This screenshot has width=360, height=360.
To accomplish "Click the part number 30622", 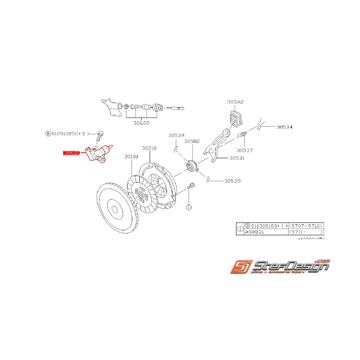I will coord(142,123).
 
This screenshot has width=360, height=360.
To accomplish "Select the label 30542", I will coord(235,102).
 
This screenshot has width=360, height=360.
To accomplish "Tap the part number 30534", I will coord(284,127).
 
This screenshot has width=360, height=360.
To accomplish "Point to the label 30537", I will coord(244,150).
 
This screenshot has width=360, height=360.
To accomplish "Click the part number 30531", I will coord(237,158).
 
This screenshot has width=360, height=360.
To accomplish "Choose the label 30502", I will coord(191,142).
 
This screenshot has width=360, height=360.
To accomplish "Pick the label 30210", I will coord(149,148).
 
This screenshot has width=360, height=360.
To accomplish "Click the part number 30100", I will coord(131,157).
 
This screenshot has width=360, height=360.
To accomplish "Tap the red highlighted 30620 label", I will coord(72,153).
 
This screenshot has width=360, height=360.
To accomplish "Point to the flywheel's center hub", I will coord(114,209).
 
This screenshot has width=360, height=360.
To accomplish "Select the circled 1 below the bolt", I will coord(189,207).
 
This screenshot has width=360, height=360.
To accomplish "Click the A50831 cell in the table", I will coord(255,232).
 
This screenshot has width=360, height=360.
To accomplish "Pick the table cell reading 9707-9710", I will coord(305,225).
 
